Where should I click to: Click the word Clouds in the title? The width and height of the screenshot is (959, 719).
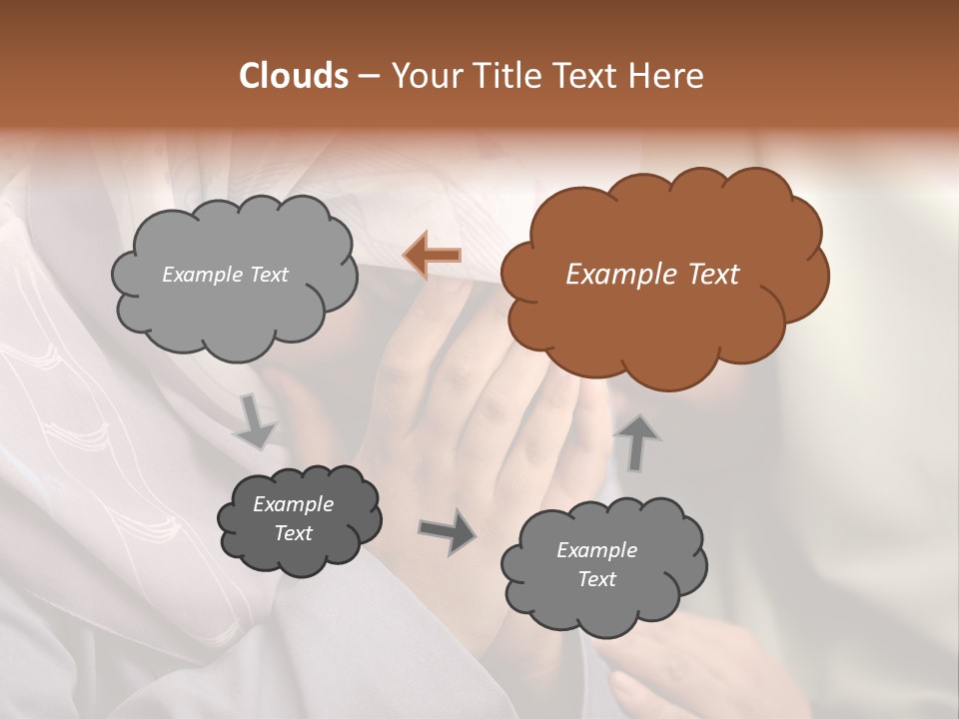pos(293,76)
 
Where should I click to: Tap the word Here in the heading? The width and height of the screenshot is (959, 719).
pos(668,76)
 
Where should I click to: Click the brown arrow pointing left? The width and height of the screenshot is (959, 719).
pos(432,256)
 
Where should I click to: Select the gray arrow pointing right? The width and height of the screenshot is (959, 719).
pos(448,530)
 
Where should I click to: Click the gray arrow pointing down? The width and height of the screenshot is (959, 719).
pos(255,422)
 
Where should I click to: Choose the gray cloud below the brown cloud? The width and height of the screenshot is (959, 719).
pos(603,565)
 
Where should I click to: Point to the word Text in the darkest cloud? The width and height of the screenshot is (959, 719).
pos(293,533)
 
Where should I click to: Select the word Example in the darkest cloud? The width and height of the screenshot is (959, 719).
pos(293,504)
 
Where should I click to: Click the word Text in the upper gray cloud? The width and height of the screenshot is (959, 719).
pos(268,275)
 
